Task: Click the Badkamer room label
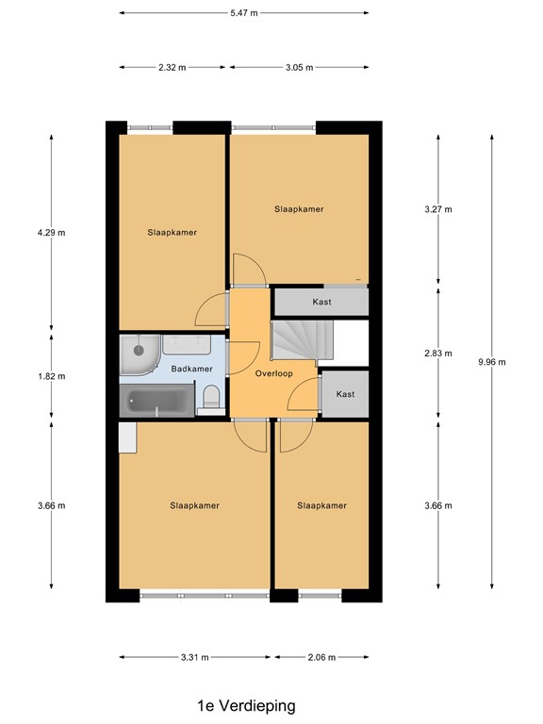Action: pyautogui.click(x=192, y=370)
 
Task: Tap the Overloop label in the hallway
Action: pyautogui.click(x=274, y=373)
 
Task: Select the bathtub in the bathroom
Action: pyautogui.click(x=157, y=401)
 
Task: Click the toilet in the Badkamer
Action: pyautogui.click(x=212, y=400)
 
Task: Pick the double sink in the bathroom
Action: pyautogui.click(x=193, y=345)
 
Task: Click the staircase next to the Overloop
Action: pyautogui.click(x=296, y=340)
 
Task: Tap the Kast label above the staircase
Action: pyautogui.click(x=321, y=303)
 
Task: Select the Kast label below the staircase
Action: pyautogui.click(x=345, y=394)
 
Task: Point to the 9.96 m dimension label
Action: pyautogui.click(x=492, y=362)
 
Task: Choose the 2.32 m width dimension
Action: pyautogui.click(x=173, y=67)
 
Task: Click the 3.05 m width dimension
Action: pyautogui.click(x=298, y=67)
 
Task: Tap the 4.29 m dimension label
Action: pyautogui.click(x=51, y=232)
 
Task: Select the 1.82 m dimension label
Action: pyautogui.click(x=51, y=376)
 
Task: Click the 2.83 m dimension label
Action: pyautogui.click(x=438, y=354)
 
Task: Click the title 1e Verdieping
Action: pyautogui.click(x=246, y=705)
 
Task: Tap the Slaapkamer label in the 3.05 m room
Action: pyautogui.click(x=299, y=209)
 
